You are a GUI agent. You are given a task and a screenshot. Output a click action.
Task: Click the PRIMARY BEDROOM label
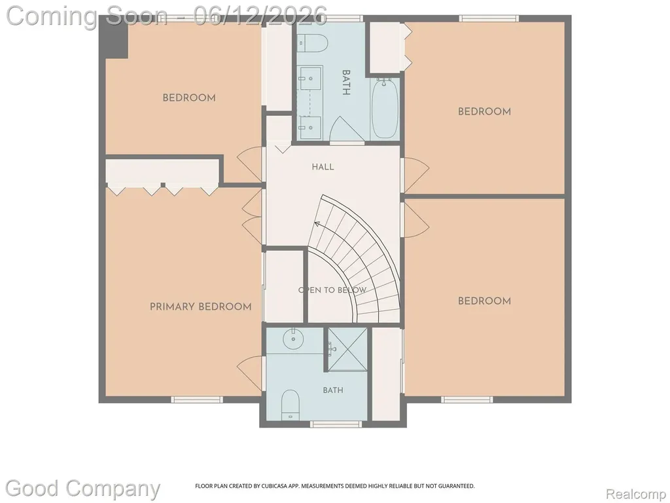pyautogui.click(x=200, y=307)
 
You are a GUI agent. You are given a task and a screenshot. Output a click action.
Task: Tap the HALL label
pyautogui.click(x=323, y=167)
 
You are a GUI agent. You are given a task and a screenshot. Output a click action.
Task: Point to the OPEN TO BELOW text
pyautogui.click(x=332, y=290)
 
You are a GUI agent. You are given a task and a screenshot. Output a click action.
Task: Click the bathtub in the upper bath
pyautogui.click(x=385, y=109)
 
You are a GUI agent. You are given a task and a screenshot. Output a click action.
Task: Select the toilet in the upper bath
pyautogui.click(x=313, y=43)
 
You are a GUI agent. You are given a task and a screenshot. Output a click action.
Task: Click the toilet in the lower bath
pyautogui.click(x=291, y=405)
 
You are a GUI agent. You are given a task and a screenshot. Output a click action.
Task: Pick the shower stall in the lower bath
pyautogui.click(x=347, y=349)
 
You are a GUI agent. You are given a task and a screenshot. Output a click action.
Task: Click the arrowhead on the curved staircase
pyautogui.click(x=317, y=223)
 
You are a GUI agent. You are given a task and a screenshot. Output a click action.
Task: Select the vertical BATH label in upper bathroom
pyautogui.click(x=346, y=83)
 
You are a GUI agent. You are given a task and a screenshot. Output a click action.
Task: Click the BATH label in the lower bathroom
pyautogui.click(x=333, y=390)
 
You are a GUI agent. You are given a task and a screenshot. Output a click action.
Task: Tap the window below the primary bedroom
pyautogui.click(x=197, y=400)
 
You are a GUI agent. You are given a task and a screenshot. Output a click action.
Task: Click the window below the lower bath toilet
pyautogui.click(x=336, y=424)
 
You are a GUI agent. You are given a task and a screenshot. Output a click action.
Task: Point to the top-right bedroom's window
pyautogui.click(x=489, y=18)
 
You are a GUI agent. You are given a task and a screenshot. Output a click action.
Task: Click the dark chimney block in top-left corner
pyautogui.click(x=114, y=37)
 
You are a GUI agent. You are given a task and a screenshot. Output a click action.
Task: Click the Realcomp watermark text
pyautogui.click(x=636, y=494)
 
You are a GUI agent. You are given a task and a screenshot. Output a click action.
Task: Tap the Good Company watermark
pyautogui.click(x=82, y=489)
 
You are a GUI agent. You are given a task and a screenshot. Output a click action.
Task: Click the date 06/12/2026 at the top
pyautogui.click(x=260, y=16)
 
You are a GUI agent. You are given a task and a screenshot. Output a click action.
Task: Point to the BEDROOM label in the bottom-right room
pyautogui.click(x=484, y=301)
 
